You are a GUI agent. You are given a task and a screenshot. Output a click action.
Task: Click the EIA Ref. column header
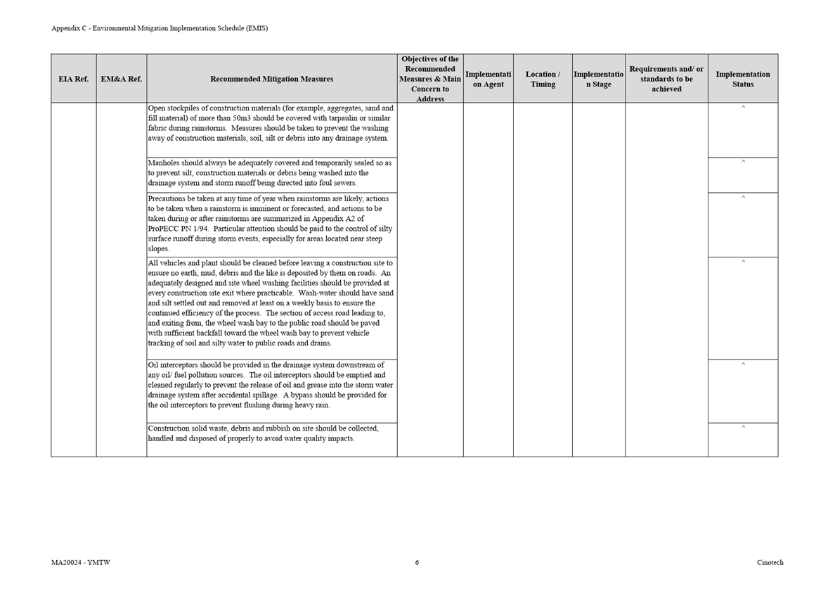click(73, 79)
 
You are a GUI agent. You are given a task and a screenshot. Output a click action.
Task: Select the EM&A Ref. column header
click(121, 79)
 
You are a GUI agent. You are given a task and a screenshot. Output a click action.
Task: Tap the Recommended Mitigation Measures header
click(271, 79)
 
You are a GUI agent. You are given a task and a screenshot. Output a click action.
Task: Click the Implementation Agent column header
click(488, 79)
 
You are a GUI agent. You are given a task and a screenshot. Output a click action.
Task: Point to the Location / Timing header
click(543, 79)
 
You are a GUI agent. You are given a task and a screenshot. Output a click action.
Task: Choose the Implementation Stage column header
click(598, 79)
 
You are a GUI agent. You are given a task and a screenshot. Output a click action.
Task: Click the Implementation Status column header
click(742, 79)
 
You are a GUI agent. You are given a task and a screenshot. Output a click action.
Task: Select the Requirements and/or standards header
click(666, 79)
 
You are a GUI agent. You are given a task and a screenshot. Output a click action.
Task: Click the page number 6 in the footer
click(417, 562)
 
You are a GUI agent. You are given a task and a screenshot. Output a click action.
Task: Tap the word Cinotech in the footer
click(770, 562)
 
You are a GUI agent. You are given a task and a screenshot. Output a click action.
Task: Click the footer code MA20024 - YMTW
click(80, 562)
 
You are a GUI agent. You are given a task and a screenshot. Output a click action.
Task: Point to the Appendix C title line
click(159, 28)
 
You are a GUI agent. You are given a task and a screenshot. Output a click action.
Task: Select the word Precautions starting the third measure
click(167, 199)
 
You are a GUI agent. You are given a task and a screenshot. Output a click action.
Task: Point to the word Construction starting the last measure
click(170, 428)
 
